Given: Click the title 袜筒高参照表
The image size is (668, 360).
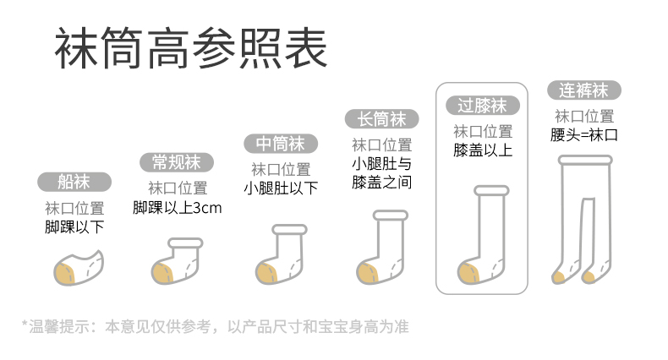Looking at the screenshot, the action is pos(191,48).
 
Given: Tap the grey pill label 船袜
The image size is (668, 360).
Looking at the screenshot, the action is pos(74,183).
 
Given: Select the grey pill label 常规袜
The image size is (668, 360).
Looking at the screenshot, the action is pos(177,162).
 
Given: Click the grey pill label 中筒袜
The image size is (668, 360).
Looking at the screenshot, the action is pos(281,144).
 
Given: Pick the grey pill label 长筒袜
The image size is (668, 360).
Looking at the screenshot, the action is pos(381,119).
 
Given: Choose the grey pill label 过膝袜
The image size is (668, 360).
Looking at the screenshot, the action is pos(483,106).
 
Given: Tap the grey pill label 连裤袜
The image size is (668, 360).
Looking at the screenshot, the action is pos(584,90).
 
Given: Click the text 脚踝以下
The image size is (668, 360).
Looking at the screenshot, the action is pos(74,226).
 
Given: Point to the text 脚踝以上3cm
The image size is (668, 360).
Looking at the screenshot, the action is pos(178,208).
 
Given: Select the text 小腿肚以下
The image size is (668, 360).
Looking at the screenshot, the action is pos(281,188).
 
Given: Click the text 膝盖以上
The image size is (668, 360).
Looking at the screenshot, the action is pos(483,150).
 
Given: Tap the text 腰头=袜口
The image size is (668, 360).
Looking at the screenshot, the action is pos(584,135).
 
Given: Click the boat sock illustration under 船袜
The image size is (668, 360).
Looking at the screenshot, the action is pos(79,268).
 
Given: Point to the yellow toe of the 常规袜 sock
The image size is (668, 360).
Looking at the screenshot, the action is pos(162,274).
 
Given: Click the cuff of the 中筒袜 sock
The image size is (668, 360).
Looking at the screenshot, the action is pos(290,230).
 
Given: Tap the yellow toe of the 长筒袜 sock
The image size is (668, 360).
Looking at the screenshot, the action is pos(368,273).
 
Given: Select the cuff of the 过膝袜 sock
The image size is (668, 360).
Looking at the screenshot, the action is pos(491,191).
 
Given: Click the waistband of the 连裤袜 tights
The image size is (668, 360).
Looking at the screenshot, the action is pos(585,160).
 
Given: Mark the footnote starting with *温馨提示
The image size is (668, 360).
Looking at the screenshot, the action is pos(216,327).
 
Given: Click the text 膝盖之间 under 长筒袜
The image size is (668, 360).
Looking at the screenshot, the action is pos(381,183).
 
